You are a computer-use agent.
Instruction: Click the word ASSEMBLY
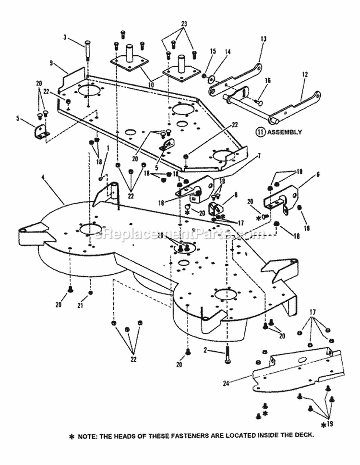(x=285, y=133)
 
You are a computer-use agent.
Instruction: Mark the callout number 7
(x=259, y=156)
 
